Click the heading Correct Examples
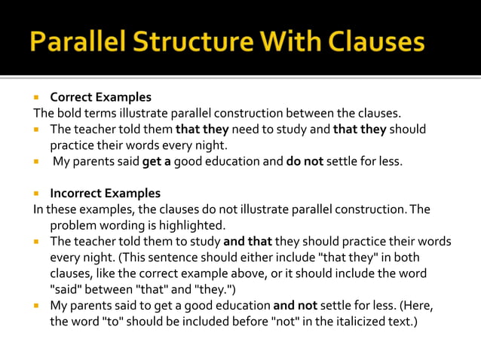[100, 97]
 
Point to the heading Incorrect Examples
[105, 194]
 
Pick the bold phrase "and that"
[247, 242]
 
